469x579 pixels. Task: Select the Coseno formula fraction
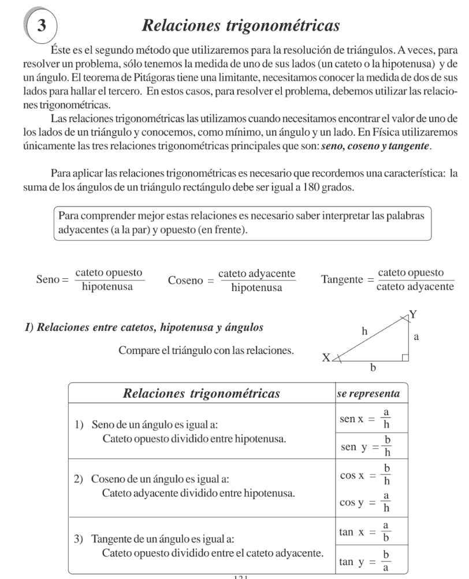[256, 280]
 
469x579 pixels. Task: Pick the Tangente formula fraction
[414, 280]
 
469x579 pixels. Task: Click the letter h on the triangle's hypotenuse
[364, 331]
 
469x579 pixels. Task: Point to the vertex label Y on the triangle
[412, 315]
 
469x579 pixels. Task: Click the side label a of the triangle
[416, 336]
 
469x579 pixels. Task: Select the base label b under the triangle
[373, 367]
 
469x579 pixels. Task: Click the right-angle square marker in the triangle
[405, 357]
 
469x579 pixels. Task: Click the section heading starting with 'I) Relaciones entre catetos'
[150, 328]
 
